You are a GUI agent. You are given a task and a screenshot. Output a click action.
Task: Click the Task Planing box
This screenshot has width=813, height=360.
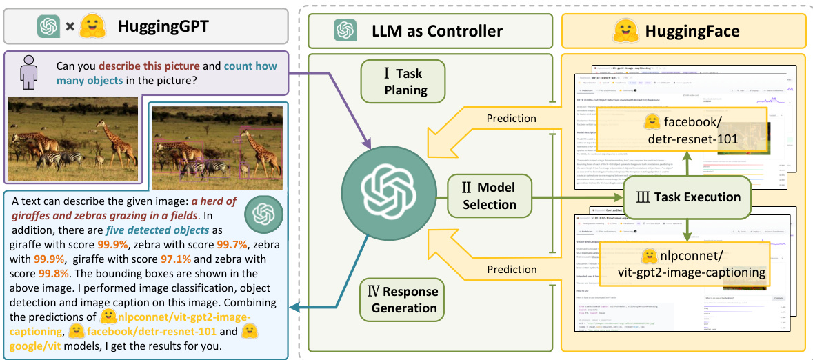coord(403,81)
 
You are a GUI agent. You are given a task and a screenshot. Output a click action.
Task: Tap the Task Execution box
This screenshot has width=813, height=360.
coord(686,197)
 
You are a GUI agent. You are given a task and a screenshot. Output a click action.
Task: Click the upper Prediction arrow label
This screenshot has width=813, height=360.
coord(511,118)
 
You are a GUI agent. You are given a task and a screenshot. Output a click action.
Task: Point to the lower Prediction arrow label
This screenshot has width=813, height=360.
coord(511,270)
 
